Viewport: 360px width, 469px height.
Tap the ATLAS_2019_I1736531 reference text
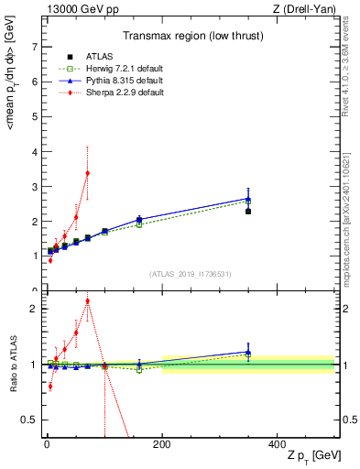pyautogui.click(x=191, y=274)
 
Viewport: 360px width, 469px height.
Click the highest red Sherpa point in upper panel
pyautogui.click(x=87, y=173)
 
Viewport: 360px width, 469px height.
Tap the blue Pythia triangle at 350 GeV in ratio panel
pyautogui.click(x=248, y=352)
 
